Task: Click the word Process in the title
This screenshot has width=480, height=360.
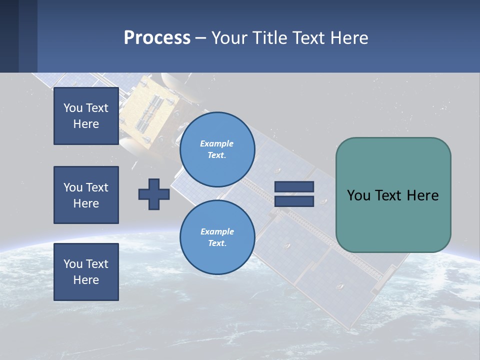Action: click(157, 37)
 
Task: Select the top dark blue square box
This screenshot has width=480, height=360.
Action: click(86, 116)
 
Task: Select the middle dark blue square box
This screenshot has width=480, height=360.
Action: click(86, 195)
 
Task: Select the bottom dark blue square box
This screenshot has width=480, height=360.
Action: click(86, 272)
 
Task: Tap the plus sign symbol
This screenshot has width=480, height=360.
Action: click(154, 194)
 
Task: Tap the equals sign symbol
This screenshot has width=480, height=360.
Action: click(294, 194)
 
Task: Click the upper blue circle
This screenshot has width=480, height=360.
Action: click(217, 149)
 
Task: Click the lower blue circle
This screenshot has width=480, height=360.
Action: click(217, 237)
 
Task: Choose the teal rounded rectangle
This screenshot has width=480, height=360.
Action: click(393, 195)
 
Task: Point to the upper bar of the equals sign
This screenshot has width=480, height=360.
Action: click(294, 186)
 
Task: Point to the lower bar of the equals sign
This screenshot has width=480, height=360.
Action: click(294, 201)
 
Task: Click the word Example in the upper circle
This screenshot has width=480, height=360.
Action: click(217, 143)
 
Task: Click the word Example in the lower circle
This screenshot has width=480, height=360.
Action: click(217, 231)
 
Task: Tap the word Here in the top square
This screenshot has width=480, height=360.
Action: click(86, 124)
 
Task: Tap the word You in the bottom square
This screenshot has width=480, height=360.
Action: click(72, 264)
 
